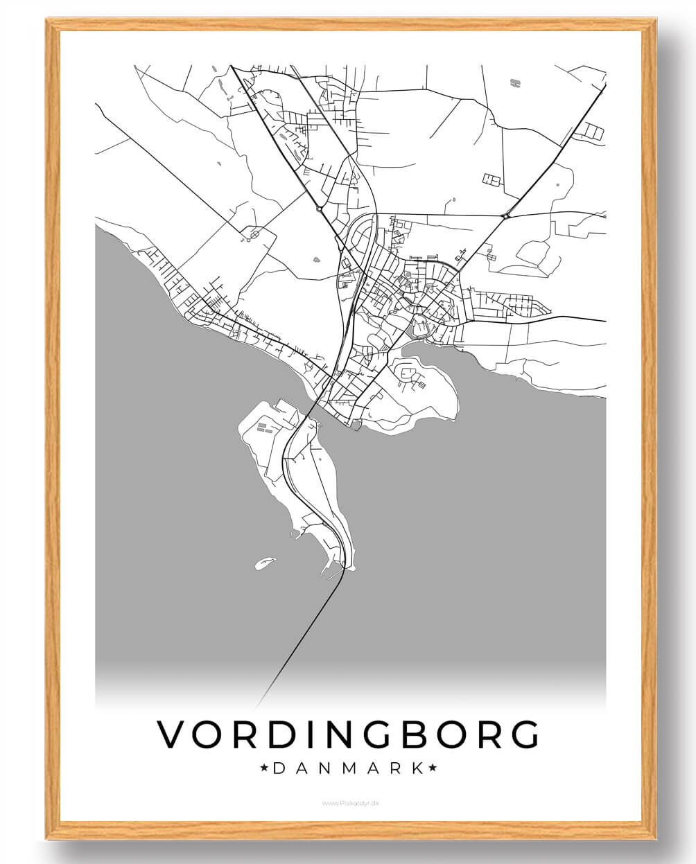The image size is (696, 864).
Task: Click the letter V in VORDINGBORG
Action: (171, 734)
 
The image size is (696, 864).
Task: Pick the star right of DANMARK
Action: (433, 768)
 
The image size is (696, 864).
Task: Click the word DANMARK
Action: (348, 768)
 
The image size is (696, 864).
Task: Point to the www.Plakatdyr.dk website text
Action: (351, 803)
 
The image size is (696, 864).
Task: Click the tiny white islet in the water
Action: (263, 564)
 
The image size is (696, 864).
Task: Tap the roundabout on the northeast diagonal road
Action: (507, 215)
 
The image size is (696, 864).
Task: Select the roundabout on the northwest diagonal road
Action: (319, 207)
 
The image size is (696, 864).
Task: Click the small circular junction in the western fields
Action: (254, 235)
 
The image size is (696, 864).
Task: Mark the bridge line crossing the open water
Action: (298, 637)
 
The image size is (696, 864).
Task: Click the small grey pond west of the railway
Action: (317, 261)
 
